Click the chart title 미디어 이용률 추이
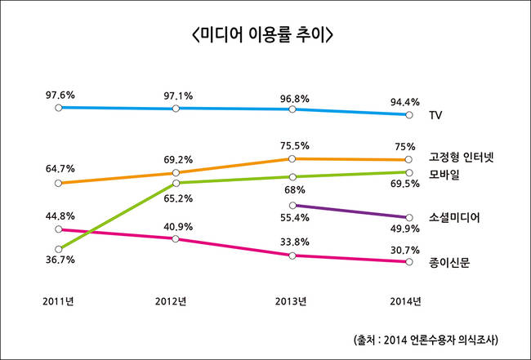coord(265,36)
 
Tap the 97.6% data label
coord(60,95)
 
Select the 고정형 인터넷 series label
coord(462,157)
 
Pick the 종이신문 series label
coord(452,262)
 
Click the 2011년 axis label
coord(58,301)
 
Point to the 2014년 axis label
coord(405,301)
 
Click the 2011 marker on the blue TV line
coord(58,107)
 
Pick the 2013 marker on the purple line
coord(292,205)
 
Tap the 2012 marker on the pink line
coord(176,238)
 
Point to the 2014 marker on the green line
coord(407,172)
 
